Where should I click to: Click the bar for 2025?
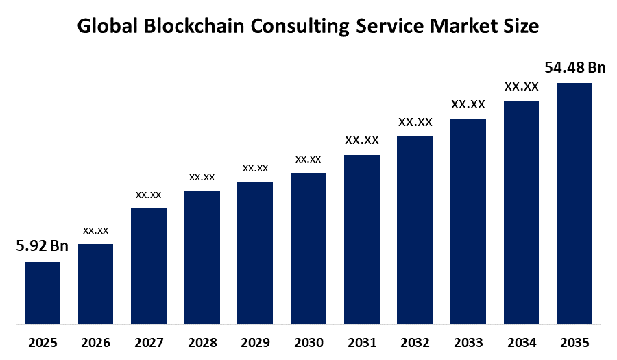(43, 292)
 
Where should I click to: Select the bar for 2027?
(149, 265)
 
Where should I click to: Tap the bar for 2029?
(255, 252)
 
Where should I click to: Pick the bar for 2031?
(361, 239)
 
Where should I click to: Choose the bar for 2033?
(468, 221)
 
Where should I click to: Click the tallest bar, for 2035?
(574, 203)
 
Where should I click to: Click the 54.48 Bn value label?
(575, 67)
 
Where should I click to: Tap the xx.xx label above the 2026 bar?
(95, 230)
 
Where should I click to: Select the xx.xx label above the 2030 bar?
(308, 159)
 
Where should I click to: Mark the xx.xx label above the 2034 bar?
(521, 86)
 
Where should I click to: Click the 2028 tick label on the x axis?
(202, 342)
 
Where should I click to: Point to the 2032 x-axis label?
(415, 342)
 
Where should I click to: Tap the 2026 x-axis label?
(95, 342)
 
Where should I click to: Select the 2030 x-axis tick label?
(308, 342)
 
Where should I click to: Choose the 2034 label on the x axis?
(521, 342)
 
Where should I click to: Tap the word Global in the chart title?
(103, 26)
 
